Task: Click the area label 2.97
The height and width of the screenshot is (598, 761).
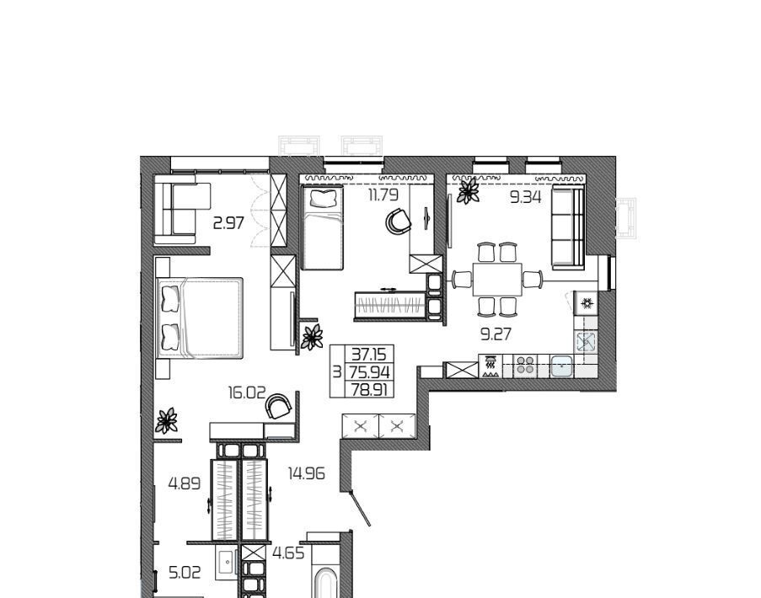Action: [228, 223]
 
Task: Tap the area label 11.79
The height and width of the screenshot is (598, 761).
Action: [383, 195]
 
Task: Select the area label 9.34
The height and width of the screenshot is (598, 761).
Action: [526, 197]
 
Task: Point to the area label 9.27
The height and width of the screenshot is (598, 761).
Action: [496, 334]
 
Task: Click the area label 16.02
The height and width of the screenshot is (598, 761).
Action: [247, 392]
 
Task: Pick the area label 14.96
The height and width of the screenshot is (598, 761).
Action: [306, 473]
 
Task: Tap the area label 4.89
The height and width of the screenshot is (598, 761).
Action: [185, 483]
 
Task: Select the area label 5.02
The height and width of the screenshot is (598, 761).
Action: [185, 573]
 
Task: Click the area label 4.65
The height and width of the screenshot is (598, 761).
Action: [288, 553]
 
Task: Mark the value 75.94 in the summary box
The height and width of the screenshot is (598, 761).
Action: [370, 372]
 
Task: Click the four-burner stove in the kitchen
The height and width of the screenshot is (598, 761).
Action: [525, 366]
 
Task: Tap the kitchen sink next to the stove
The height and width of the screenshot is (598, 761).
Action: [562, 366]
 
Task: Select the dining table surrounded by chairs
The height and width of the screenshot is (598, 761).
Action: [497, 280]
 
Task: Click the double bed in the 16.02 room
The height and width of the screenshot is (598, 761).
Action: [199, 318]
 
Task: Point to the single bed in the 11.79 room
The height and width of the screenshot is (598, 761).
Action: [323, 227]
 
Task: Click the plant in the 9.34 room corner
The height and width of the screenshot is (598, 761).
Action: [469, 190]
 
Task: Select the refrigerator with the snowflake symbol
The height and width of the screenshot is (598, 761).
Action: [587, 303]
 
